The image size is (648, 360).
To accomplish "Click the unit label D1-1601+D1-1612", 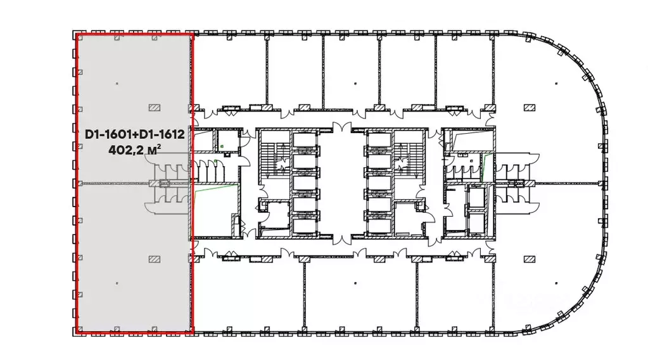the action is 135,135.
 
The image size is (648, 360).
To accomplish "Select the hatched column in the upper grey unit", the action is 155,108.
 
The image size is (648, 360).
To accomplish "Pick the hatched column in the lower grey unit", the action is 155,259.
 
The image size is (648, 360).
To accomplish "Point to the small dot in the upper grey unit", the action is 117,84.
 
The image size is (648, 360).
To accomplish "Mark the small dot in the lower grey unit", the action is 117,283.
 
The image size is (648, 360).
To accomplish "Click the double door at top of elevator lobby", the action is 342,127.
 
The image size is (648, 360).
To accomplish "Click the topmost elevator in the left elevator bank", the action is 305,140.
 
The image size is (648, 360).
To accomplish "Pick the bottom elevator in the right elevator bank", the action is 379,226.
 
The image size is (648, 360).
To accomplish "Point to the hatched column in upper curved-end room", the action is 530,108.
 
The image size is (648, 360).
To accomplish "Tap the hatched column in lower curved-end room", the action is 530,259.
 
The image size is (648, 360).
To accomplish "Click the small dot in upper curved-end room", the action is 557,84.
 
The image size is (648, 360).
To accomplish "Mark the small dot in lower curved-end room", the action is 557,283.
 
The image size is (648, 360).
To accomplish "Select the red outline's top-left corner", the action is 76,34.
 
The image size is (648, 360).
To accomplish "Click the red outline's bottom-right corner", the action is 193,332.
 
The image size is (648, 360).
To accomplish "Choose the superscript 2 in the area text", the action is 159,146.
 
